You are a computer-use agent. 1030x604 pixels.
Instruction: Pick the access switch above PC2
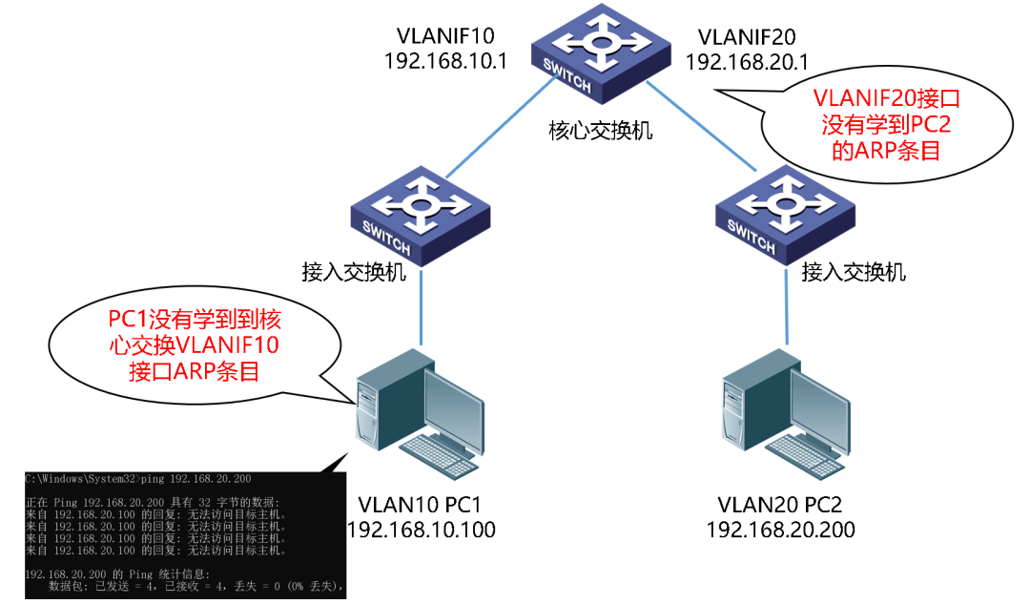point(786,211)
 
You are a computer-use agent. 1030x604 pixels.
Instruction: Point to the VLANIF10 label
point(445,37)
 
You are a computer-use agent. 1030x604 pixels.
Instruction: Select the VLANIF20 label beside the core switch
point(747,37)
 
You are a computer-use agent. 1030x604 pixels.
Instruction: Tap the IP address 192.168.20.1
point(747,62)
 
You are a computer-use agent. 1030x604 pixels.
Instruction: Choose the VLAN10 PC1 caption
point(422,505)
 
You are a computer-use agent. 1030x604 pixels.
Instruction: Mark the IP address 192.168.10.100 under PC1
point(422,530)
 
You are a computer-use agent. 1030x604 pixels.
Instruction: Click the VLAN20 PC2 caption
point(781,505)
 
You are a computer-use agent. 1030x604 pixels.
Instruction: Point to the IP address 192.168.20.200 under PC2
point(781,530)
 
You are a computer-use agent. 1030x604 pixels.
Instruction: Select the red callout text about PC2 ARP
point(884,124)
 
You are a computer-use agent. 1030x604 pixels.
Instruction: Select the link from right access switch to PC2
point(788,310)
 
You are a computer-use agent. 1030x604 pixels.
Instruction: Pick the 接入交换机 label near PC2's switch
point(854,273)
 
